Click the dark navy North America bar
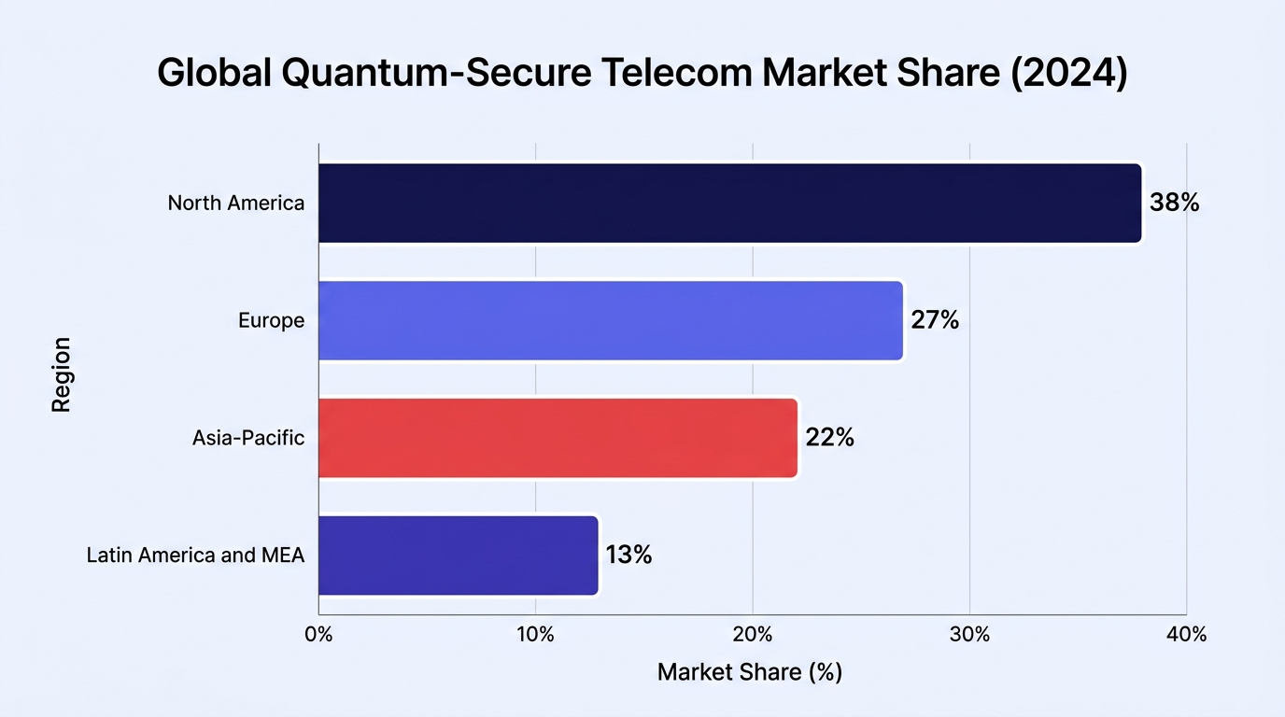point(730,203)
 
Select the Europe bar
point(611,320)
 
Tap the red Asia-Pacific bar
point(558,438)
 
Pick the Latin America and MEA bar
point(459,555)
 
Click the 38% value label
point(1174,203)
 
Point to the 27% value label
point(935,320)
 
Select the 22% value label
point(829,438)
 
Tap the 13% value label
point(628,555)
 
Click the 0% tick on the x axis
point(319,635)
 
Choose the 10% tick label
point(536,635)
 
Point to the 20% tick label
point(753,635)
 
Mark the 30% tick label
point(969,635)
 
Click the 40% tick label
point(1186,635)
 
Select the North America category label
point(235,203)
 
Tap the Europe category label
point(272,320)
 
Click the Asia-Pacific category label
point(248,438)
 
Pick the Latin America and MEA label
point(195,555)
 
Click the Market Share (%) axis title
point(750,672)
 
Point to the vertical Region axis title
point(61,374)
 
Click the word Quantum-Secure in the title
point(436,73)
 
